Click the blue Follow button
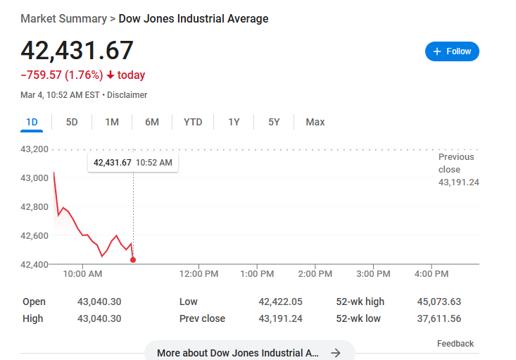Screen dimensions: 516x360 [x=452, y=51]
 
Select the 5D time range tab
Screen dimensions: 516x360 [x=72, y=122]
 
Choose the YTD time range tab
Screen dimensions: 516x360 [x=193, y=122]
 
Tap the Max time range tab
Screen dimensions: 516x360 [x=315, y=122]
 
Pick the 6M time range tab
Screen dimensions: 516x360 [x=152, y=122]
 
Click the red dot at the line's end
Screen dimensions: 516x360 [x=133, y=260]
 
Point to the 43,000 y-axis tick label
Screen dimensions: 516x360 [x=34, y=178]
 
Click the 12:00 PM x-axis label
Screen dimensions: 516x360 [x=199, y=274]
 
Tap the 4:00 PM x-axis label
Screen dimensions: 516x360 [x=432, y=274]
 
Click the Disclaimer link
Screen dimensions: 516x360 [x=127, y=95]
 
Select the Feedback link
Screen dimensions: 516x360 [x=455, y=344]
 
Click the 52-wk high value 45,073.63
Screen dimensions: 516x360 [x=439, y=302]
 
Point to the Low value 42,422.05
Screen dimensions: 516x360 [x=280, y=302]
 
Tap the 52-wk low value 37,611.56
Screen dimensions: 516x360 [x=439, y=318]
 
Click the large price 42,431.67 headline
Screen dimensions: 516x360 [x=77, y=51]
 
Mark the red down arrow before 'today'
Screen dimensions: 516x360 [x=111, y=75]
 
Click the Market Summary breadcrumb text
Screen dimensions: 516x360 [x=64, y=19]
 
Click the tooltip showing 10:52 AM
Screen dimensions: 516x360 [x=133, y=162]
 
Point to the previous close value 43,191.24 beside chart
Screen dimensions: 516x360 [x=459, y=182]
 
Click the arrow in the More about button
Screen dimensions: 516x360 [x=336, y=353]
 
